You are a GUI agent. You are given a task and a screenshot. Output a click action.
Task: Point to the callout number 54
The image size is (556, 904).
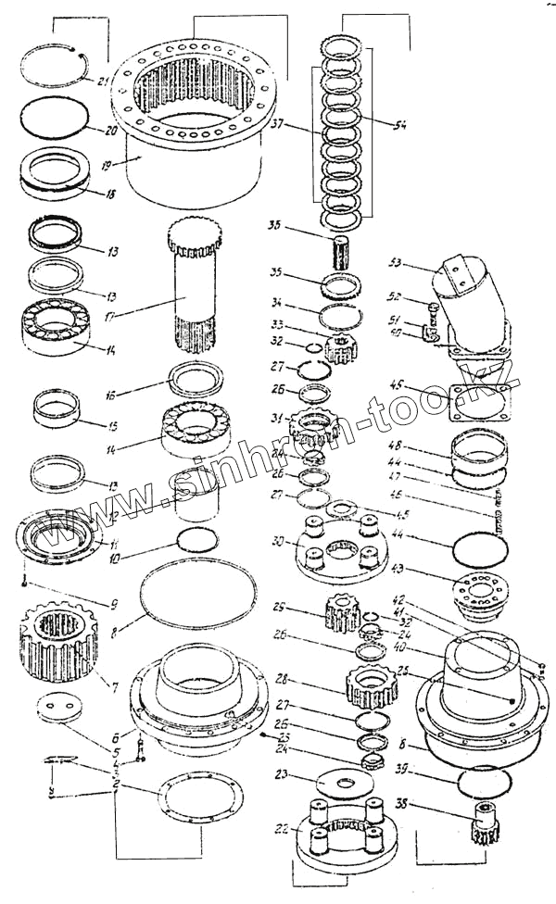[x=398, y=126]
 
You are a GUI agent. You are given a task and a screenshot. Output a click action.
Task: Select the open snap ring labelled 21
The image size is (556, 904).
[x=57, y=66]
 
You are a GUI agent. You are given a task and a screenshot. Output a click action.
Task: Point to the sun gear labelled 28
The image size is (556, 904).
[x=371, y=686]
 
